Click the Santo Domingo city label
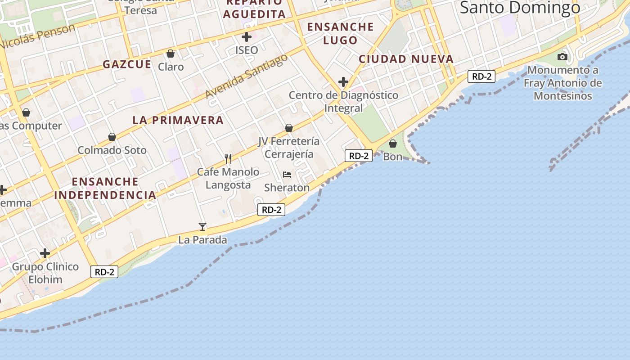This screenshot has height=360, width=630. [520, 8]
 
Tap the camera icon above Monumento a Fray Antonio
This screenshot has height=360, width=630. [562, 57]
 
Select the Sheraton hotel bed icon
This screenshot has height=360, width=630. [287, 174]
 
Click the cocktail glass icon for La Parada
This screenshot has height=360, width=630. [202, 226]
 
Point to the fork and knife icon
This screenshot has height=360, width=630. [228, 158]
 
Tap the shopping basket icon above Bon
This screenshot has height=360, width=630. [393, 144]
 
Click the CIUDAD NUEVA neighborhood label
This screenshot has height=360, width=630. [406, 59]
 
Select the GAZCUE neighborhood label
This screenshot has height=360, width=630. [127, 64]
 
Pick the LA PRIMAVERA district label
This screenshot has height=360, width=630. [178, 120]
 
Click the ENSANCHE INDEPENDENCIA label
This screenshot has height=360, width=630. [105, 188]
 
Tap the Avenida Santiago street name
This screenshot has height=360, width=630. [246, 76]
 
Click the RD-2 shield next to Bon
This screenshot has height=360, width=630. [359, 156]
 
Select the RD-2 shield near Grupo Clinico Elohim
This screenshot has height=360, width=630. [104, 272]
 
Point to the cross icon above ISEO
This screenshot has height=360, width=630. [247, 37]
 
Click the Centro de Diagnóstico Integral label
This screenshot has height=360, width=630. [343, 102]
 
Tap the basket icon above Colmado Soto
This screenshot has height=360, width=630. [112, 137]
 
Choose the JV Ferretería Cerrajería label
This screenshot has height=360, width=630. [289, 148]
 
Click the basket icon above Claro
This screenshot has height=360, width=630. [171, 54]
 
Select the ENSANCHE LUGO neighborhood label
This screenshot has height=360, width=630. [341, 33]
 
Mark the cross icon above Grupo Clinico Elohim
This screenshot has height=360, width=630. [45, 254]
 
